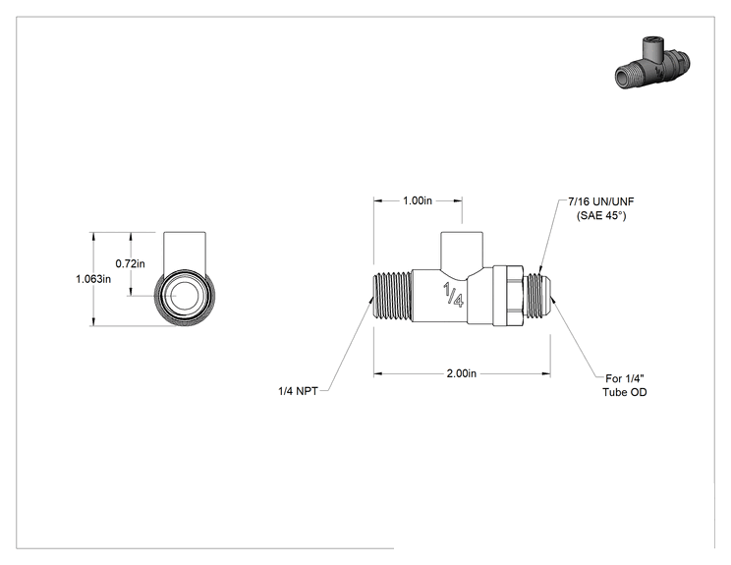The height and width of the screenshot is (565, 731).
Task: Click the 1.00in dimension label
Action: pyautogui.click(x=418, y=200)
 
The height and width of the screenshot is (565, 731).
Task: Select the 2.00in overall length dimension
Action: pyautogui.click(x=462, y=373)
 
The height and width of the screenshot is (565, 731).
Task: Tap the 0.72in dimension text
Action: pyautogui.click(x=130, y=263)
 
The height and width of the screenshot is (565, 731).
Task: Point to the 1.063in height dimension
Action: pyautogui.click(x=93, y=279)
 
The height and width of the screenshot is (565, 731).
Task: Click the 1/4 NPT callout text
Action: pyautogui.click(x=298, y=391)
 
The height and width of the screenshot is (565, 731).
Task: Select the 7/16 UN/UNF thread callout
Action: pyautogui.click(x=601, y=201)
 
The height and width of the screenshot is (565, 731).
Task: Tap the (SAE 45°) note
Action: pyautogui.click(x=601, y=215)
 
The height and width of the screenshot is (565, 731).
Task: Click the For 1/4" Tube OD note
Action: pyautogui.click(x=625, y=385)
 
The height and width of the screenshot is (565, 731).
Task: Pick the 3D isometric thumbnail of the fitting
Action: pyautogui.click(x=652, y=63)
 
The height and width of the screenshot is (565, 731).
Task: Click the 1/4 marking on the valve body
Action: pyautogui.click(x=453, y=295)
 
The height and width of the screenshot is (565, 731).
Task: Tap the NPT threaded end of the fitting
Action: pyautogui.click(x=393, y=297)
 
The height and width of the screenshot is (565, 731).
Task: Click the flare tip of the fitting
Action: pyautogui.click(x=547, y=297)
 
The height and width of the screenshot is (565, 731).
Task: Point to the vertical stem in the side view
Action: pyautogui.click(x=462, y=252)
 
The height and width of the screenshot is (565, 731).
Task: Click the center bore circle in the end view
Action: pyautogui.click(x=185, y=296)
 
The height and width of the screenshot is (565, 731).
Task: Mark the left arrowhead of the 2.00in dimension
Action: pyautogui.click(x=378, y=373)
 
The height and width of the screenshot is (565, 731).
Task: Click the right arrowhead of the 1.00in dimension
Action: pyautogui.click(x=458, y=200)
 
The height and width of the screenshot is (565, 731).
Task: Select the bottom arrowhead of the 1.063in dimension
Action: pyautogui.click(x=93, y=321)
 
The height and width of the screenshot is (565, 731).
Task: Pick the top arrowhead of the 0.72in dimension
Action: pyautogui.click(x=131, y=237)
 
